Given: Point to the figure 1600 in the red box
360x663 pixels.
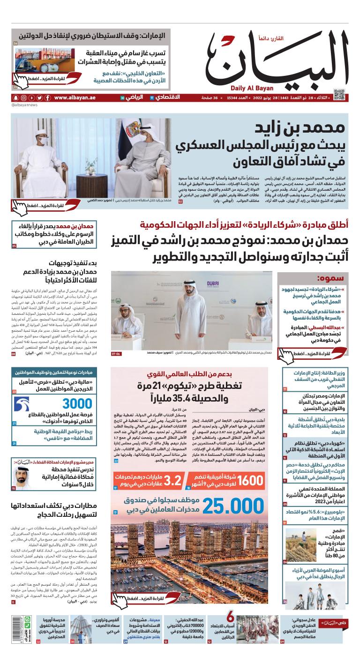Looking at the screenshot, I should click(x=250, y=482).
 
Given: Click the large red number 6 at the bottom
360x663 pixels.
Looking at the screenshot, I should click(x=231, y=618).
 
